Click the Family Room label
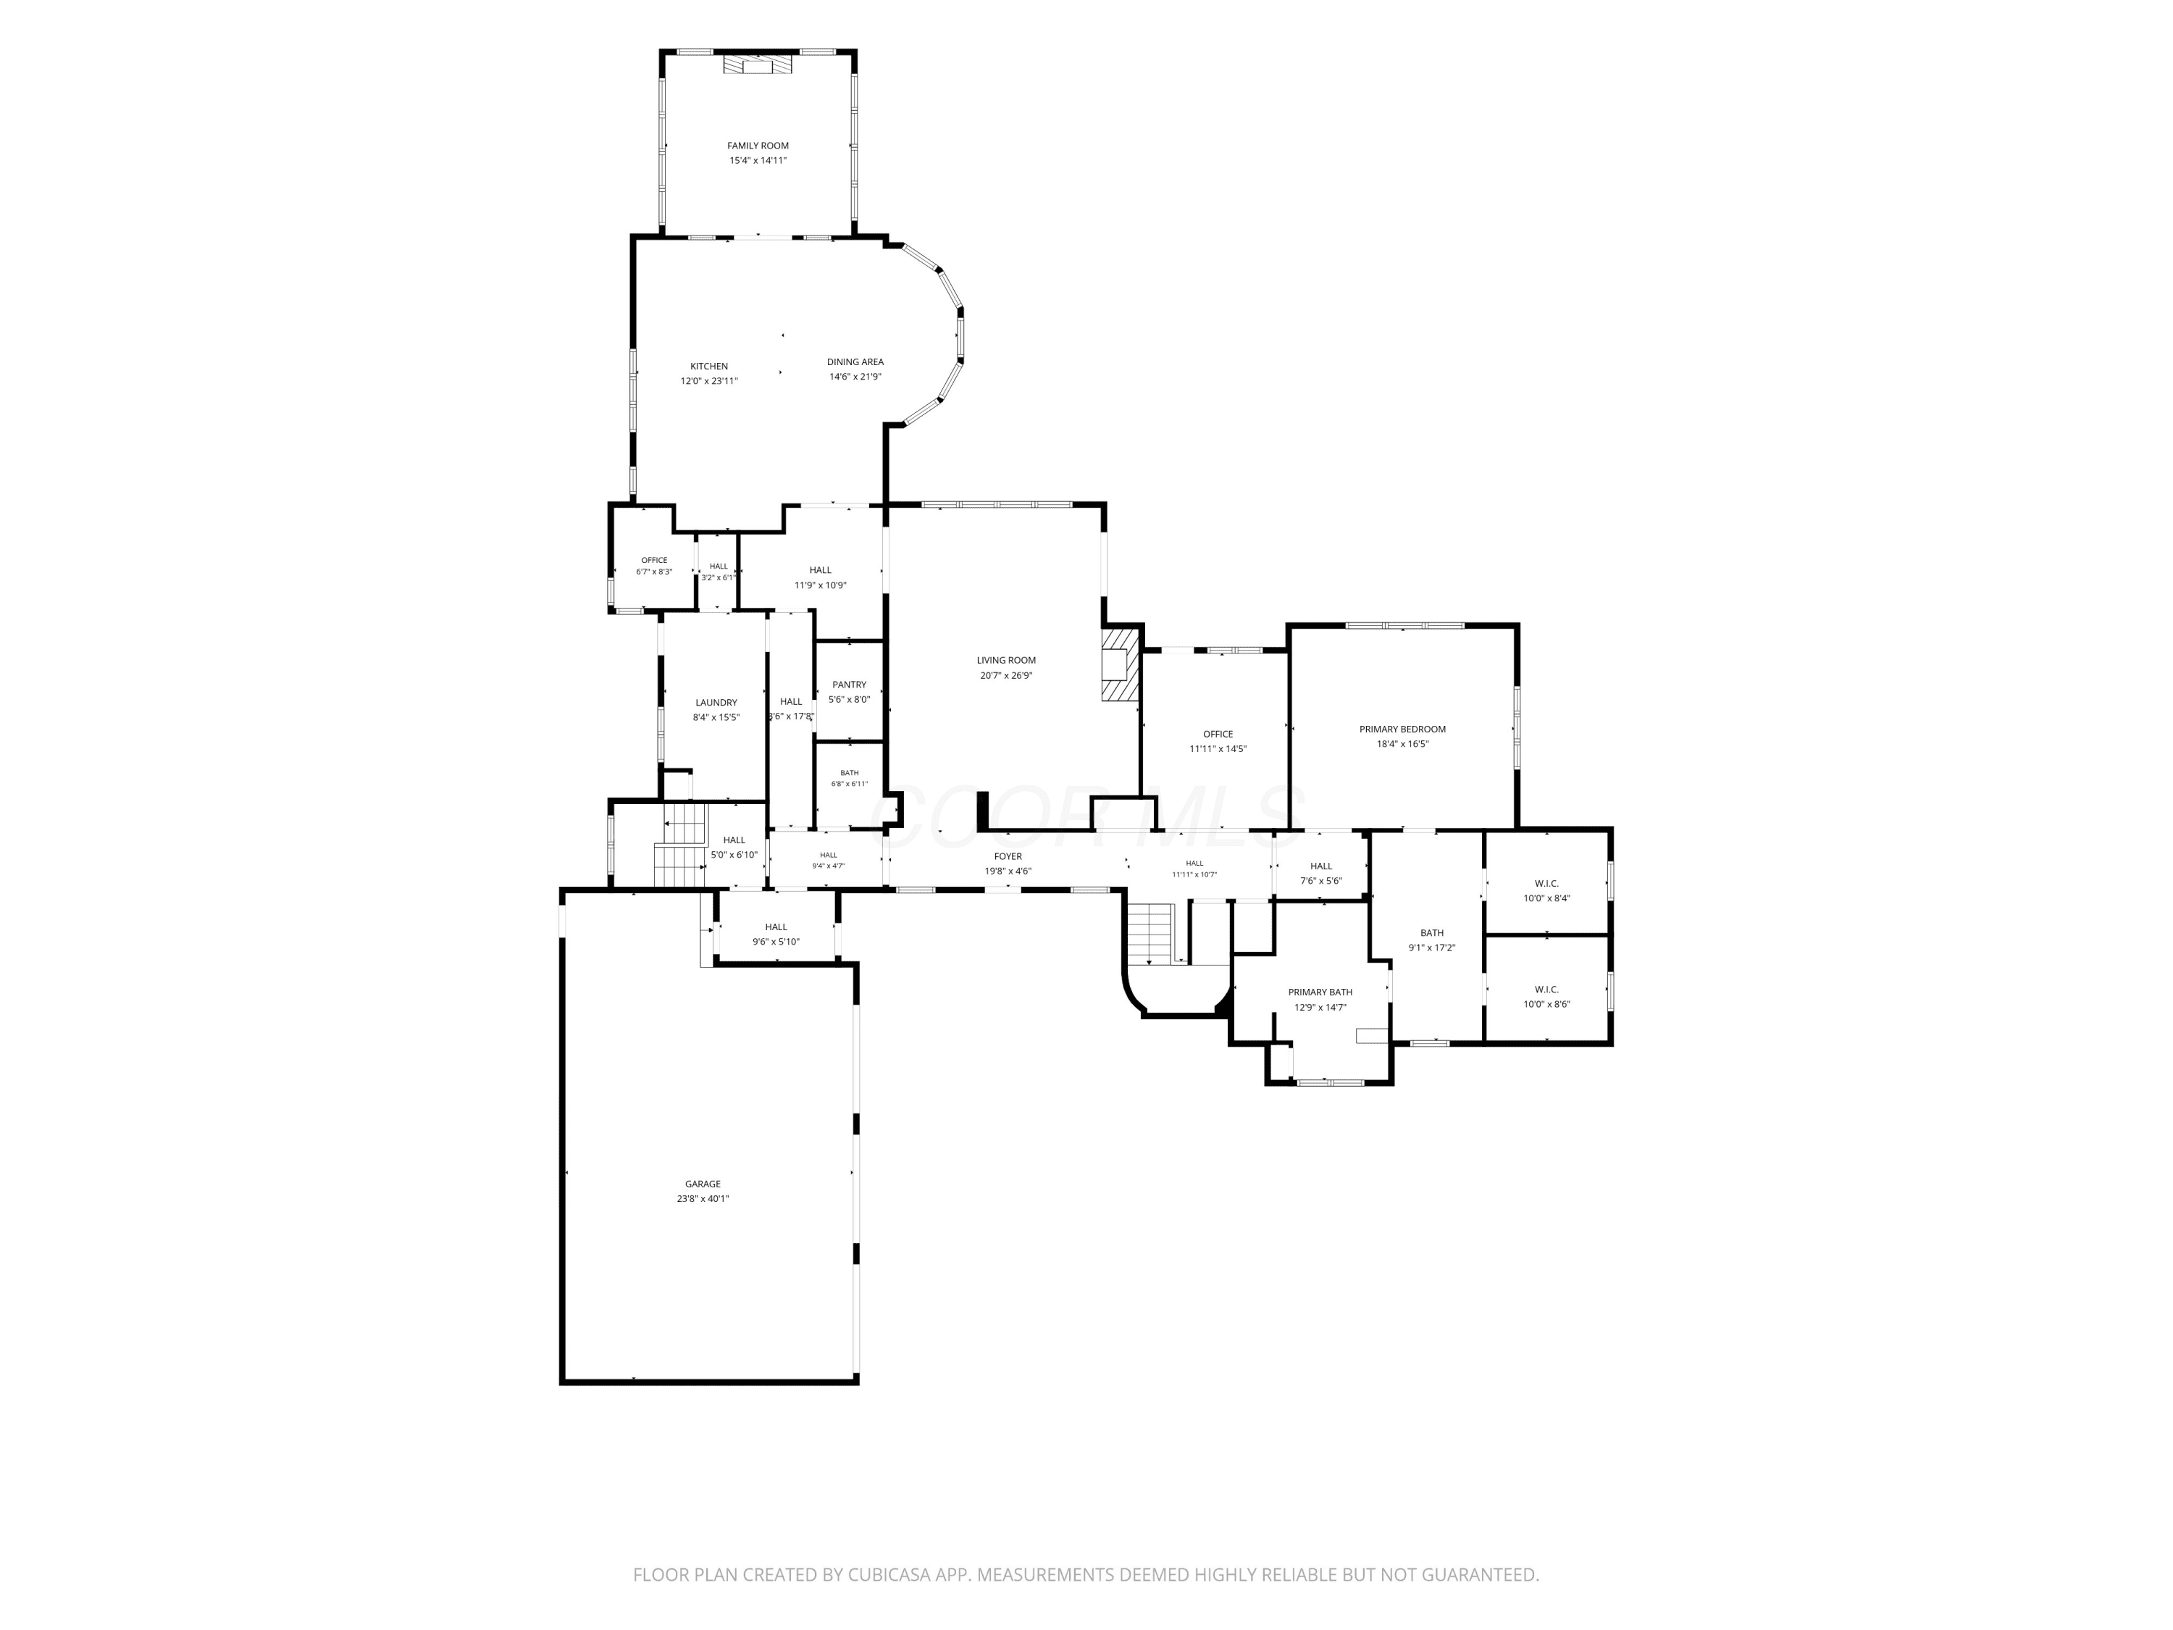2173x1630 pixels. [x=758, y=146]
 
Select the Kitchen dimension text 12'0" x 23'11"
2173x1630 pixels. [x=709, y=381]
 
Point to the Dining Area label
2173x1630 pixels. [x=855, y=361]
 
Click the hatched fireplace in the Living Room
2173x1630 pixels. [x=1120, y=664]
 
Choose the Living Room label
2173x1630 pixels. [x=1006, y=660]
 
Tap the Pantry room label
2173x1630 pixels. [x=849, y=685]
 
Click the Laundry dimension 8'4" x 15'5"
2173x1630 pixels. [x=716, y=718]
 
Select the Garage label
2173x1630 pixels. [x=703, y=1184]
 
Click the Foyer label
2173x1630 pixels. [x=1008, y=857]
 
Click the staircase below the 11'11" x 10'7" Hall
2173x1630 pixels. [x=1150, y=933]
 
